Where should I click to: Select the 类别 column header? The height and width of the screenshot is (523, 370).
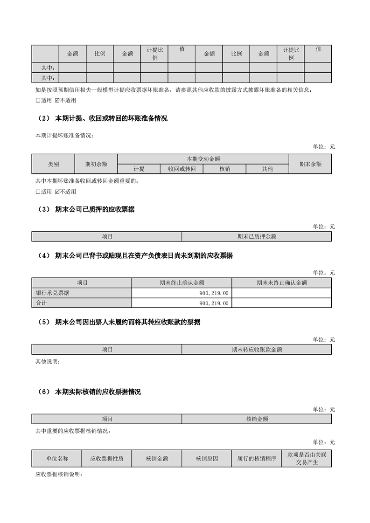click(53, 164)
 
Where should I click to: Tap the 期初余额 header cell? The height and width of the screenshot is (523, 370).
click(96, 164)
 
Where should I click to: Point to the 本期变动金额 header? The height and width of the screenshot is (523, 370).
click(203, 159)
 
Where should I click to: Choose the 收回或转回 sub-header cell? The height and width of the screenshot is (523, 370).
click(182, 169)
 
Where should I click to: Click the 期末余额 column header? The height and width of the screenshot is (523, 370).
click(310, 164)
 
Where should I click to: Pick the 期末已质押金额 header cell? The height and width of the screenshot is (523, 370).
click(257, 236)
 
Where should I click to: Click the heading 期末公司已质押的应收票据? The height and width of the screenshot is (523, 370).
click(95, 210)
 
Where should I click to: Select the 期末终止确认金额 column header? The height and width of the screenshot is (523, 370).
click(182, 282)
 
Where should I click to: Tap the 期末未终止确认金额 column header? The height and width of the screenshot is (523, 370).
click(281, 282)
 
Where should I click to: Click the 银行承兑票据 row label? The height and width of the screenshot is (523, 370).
click(52, 293)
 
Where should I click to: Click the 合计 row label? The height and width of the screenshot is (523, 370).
click(42, 303)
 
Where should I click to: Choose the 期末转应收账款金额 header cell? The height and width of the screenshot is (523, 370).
click(257, 349)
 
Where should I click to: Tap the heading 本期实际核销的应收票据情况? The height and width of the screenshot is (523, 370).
click(98, 392)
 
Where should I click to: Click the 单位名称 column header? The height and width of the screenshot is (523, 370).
click(57, 459)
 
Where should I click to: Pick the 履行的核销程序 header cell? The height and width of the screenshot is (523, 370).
click(257, 459)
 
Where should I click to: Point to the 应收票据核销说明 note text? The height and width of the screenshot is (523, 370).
click(59, 475)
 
